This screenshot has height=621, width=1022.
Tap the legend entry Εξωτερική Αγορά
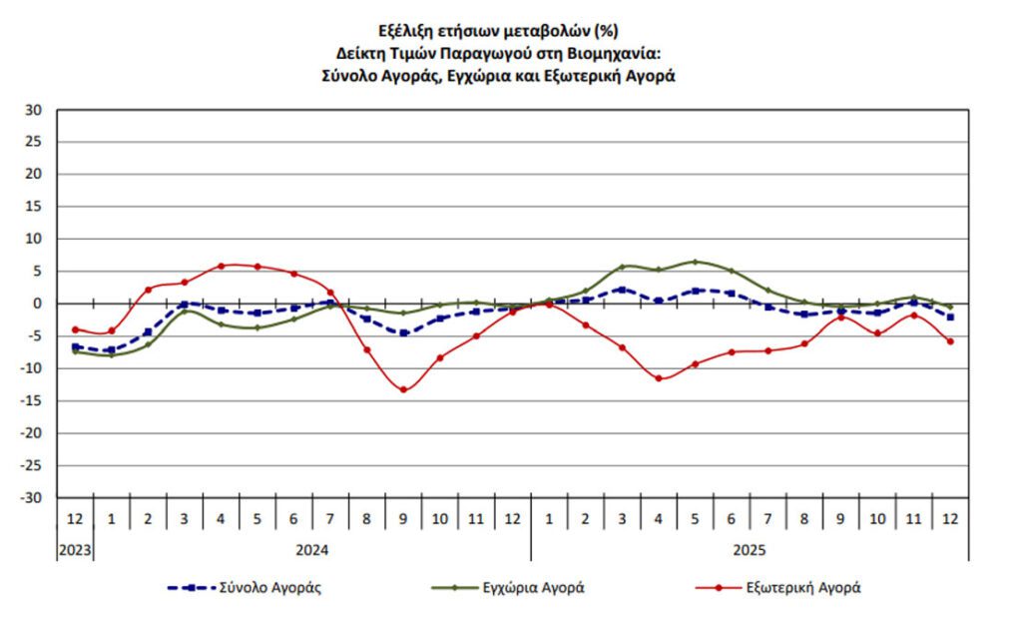pos(803,587)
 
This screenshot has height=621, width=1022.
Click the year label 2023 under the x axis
pos(74,549)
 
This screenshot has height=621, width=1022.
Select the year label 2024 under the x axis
pos(312,549)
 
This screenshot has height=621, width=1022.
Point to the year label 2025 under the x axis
pos(750,549)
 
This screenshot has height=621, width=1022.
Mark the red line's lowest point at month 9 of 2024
pos(403,389)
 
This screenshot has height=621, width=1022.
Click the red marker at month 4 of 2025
pos(659,378)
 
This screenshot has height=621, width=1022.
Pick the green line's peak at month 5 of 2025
pos(696,262)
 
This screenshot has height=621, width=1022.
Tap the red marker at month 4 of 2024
pos(221,266)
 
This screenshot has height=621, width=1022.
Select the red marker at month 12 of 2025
pos(950,341)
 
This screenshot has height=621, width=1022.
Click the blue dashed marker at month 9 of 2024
pos(403,332)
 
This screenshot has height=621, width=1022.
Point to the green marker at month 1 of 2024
pos(111,354)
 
